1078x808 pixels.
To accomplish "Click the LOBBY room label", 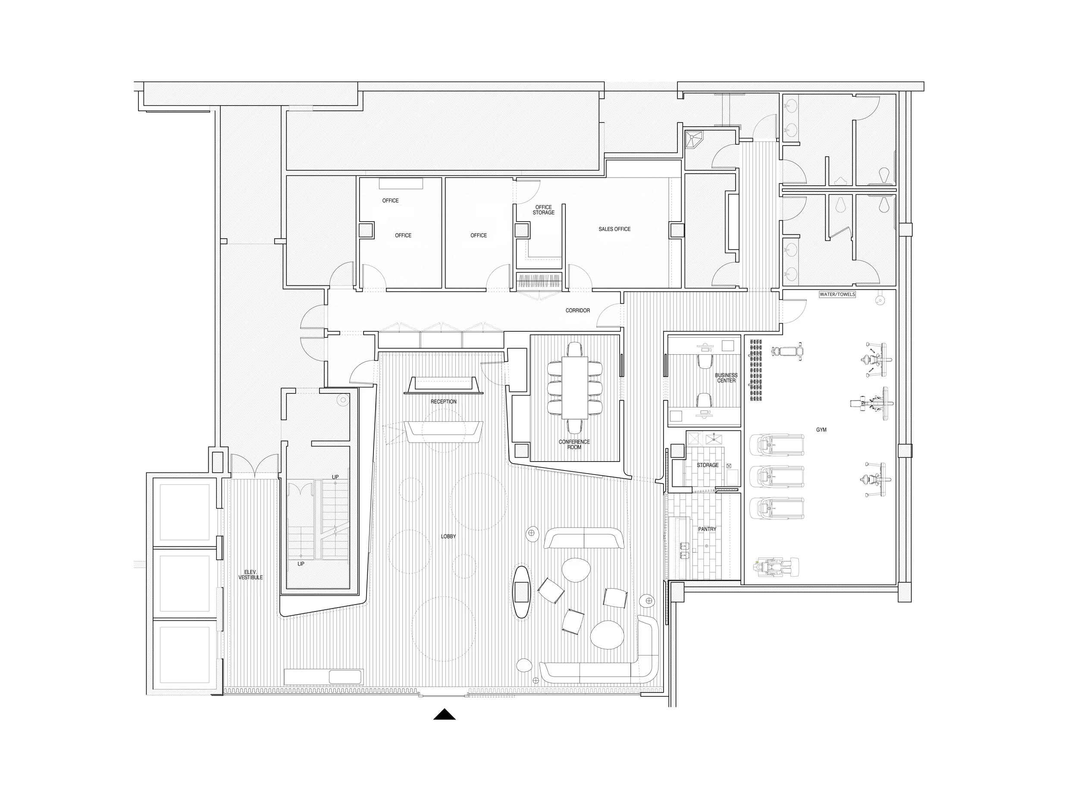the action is coord(448,536).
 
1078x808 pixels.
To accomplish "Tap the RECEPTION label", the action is coord(443,402).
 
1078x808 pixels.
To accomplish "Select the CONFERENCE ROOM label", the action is coord(574,444).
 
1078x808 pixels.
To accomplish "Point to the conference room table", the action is coord(575,388).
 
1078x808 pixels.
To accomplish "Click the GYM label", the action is coord(821,430).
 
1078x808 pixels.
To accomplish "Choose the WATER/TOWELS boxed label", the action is coord(837,295).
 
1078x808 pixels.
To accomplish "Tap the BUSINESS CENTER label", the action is coord(726,378).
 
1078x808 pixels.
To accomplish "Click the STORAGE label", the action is coord(708,465).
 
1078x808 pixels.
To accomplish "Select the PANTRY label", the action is coord(707,529).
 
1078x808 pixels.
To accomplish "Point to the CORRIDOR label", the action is coord(577,311).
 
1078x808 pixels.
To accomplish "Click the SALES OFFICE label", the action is coord(614,229).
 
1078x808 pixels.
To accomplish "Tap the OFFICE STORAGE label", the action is coord(543,210).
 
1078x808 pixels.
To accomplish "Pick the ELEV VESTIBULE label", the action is coord(251,575).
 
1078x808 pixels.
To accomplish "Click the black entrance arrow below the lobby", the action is coord(445,714).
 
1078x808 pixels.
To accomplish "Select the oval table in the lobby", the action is coord(521,592).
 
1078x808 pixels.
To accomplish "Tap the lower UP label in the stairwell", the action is coord(301,564).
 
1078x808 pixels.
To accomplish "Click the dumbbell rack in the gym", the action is coord(756,370).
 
